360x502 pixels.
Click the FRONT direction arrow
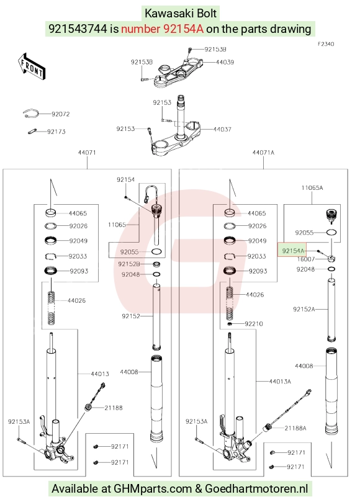point(31,66)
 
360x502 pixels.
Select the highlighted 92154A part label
point(292,251)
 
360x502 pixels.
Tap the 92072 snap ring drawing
point(31,114)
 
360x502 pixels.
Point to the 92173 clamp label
point(56,132)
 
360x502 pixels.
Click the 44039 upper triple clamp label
point(225,62)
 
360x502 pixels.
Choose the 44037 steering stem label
point(222,129)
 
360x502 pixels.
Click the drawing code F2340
point(326,44)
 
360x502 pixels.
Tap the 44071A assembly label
point(263,153)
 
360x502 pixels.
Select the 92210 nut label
point(254,324)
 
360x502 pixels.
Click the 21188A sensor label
point(295,428)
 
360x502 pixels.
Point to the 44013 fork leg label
point(100,374)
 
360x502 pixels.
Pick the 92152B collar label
point(129,264)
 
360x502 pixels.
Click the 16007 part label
point(306,259)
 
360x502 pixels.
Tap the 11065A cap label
point(312,188)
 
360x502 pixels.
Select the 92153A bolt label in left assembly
point(19,421)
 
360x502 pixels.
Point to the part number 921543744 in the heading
point(78,29)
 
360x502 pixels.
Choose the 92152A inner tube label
point(304,309)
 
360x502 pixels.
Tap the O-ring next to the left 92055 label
point(156,252)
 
